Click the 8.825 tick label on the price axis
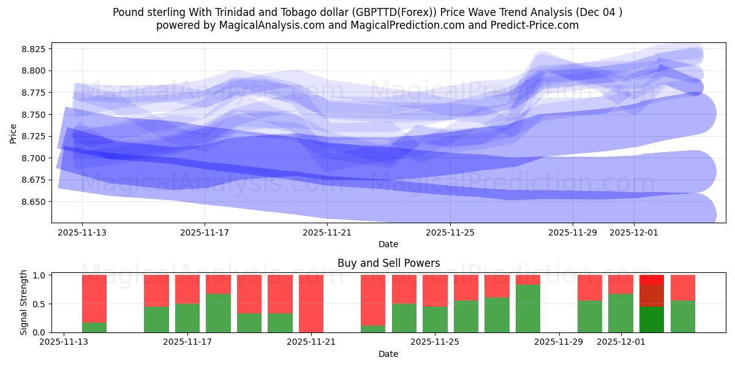point(35,49)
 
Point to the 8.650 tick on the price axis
point(35,202)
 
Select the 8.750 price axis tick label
point(35,115)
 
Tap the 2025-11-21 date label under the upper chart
point(327,232)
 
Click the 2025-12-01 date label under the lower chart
point(621,342)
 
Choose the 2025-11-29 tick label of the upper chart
point(572,232)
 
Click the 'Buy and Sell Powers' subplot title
point(388,263)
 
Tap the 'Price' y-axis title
point(13,133)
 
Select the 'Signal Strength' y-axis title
point(24,302)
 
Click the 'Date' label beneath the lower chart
point(388,354)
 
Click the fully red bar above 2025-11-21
point(311,304)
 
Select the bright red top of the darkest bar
point(652,279)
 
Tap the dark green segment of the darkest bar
point(652,320)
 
